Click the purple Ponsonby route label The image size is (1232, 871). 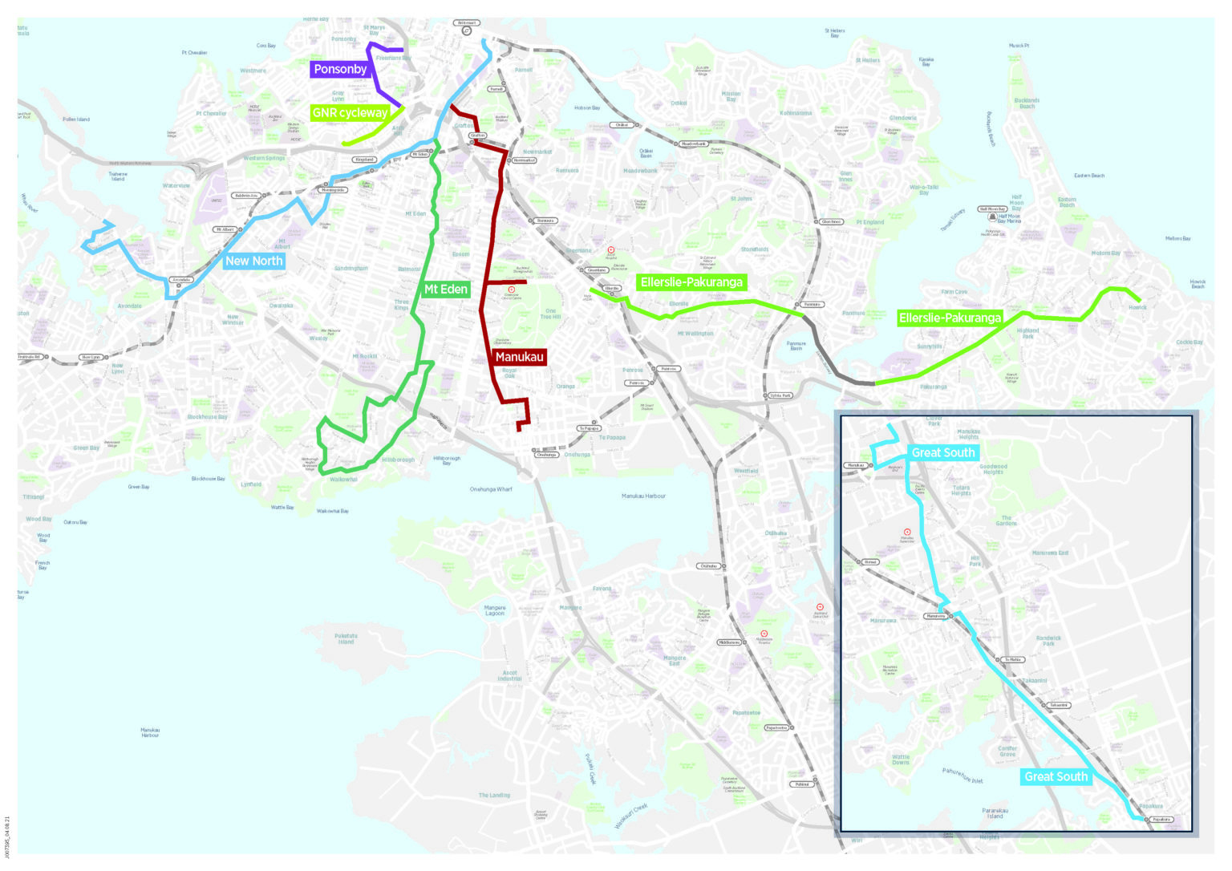[340, 69]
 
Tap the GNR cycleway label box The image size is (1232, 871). [350, 113]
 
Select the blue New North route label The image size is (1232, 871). [253, 261]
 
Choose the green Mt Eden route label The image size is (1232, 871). [445, 289]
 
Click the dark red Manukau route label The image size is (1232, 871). [519, 357]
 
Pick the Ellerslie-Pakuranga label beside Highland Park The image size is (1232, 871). [950, 318]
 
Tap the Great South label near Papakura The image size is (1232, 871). [1056, 776]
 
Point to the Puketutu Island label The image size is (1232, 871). [346, 638]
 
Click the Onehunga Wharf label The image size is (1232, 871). [491, 489]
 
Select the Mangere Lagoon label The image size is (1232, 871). [495, 610]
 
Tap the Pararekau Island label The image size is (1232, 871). [995, 813]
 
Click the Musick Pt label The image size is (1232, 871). [1019, 46]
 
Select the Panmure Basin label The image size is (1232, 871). [796, 346]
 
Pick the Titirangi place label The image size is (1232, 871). [34, 497]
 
